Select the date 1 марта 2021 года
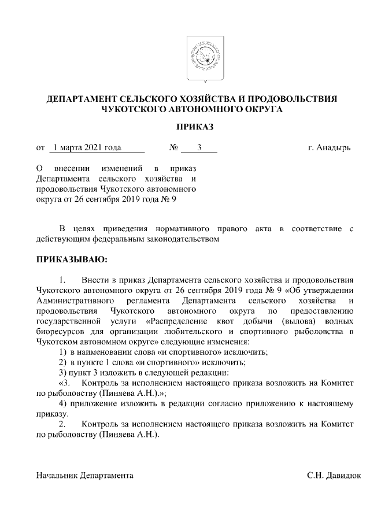click(86, 148)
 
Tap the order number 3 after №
click(198, 148)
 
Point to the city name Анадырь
click(334, 148)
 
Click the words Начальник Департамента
click(84, 476)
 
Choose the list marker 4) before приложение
click(63, 403)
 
